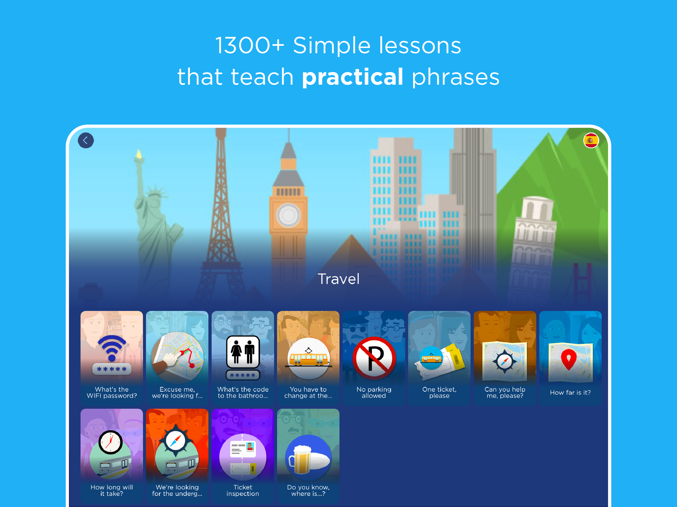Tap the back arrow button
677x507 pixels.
tap(86, 140)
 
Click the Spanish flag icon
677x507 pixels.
tap(591, 140)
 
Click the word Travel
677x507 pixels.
tap(338, 279)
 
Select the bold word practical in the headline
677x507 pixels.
tap(353, 77)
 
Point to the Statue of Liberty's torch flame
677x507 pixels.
tap(139, 153)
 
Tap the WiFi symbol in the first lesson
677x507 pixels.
tap(112, 348)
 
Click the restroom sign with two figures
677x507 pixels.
tap(243, 352)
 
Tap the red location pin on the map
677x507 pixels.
tap(569, 359)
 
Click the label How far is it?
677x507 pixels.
tap(570, 392)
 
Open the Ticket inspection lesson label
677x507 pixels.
tap(243, 490)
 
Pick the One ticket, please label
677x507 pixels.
tap(439, 392)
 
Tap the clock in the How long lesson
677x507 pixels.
tap(111, 442)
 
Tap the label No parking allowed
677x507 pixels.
tap(374, 392)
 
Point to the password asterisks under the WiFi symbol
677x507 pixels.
tap(112, 369)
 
